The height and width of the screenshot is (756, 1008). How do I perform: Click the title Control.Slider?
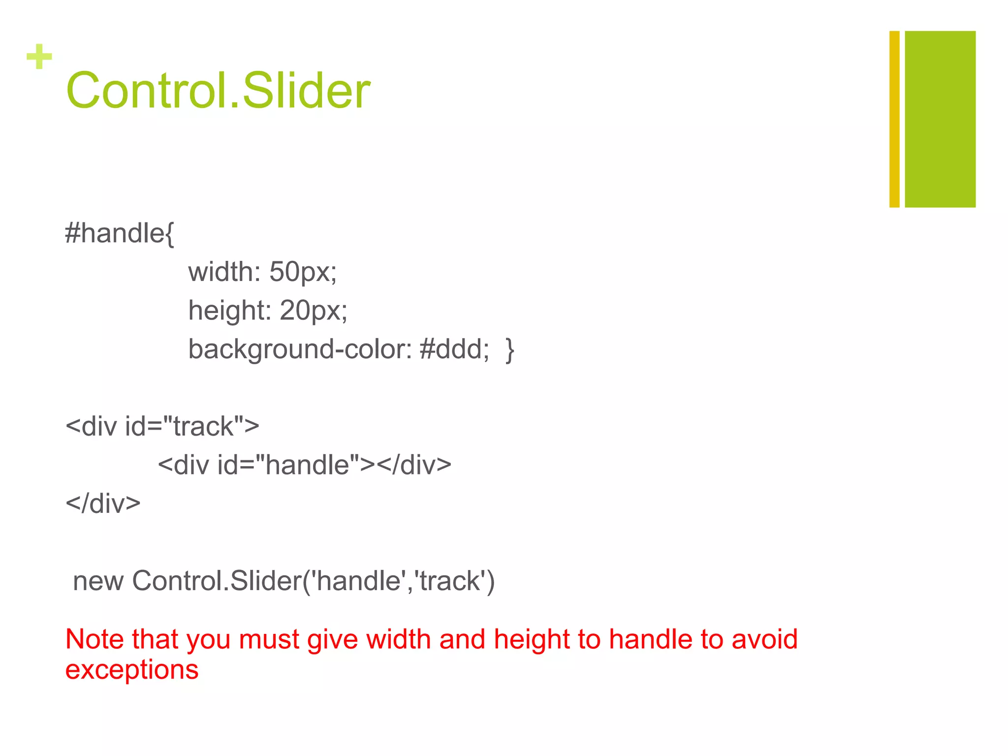point(218,91)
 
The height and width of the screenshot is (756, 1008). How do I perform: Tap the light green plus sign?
point(39,57)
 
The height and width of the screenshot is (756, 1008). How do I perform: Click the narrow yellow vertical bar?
point(894,119)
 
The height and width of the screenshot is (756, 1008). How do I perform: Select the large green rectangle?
point(940,119)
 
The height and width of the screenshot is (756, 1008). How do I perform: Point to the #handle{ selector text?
point(120,233)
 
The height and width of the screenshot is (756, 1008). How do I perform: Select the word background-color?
point(300,349)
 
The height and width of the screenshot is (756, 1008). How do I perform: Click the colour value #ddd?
point(454,349)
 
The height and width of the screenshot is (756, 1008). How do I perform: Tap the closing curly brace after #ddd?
point(509,350)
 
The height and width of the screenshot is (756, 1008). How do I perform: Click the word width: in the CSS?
point(224,272)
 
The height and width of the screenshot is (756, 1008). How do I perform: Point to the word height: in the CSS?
point(229,311)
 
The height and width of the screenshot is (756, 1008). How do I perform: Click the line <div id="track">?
point(162,426)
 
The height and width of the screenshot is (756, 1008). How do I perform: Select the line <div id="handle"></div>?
point(304,465)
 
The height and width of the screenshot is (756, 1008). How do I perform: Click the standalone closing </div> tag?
point(103,504)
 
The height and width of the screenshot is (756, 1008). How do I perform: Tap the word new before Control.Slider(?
point(98,581)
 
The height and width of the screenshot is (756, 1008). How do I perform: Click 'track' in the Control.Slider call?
point(449,581)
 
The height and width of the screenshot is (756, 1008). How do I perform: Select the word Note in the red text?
point(94,639)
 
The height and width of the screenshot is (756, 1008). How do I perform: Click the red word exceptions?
point(132,670)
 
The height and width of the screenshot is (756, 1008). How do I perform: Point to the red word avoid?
point(764,639)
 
